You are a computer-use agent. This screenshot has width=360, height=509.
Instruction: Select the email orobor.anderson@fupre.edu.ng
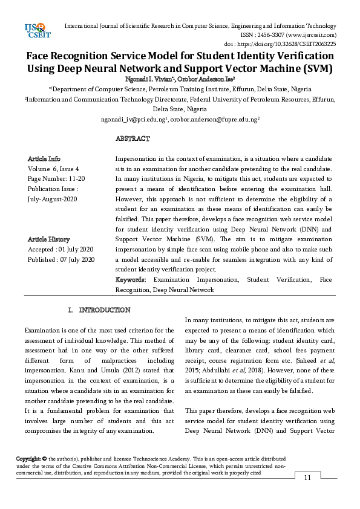tap(214, 120)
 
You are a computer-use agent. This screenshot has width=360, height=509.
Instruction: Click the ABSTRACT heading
tap(132, 139)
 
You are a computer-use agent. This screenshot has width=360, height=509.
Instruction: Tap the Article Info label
tap(44, 158)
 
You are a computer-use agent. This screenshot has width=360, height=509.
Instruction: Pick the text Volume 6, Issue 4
tap(53, 169)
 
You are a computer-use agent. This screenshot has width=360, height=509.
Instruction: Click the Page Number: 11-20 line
tap(56, 179)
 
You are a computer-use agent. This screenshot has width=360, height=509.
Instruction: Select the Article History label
tap(48, 239)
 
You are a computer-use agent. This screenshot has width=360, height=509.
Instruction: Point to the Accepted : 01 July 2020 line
tap(61, 250)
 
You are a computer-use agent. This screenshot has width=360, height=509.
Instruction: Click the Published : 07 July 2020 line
tap(61, 260)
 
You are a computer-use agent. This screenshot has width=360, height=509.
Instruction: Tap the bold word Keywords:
tap(131, 280)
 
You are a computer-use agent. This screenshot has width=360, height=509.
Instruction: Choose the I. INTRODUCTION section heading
tap(99, 310)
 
